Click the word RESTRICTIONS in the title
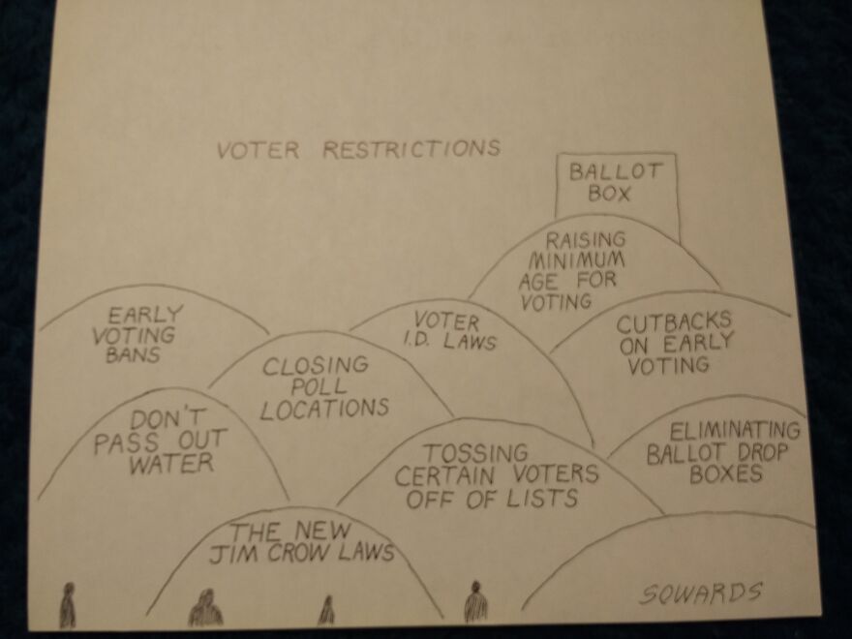pos(411,148)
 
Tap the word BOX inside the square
pos(609,194)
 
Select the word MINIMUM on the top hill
pos(576,260)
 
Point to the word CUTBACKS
pos(674,322)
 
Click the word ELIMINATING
pos(735,431)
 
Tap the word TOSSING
pos(475,453)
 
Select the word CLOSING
pos(316,365)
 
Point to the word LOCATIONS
pos(324,409)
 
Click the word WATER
pos(171,464)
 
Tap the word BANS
pos(134,354)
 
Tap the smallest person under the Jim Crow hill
pos(326,610)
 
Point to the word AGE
pos(538,282)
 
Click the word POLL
pos(319,386)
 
